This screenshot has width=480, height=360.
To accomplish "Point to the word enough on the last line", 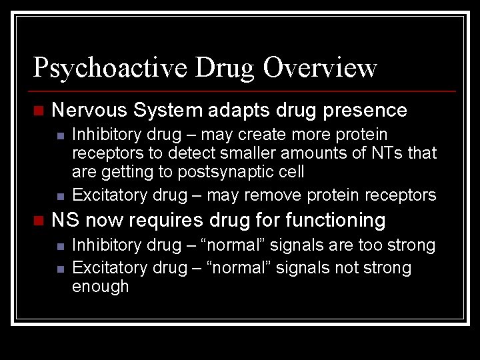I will pyautogui.click(x=100, y=287).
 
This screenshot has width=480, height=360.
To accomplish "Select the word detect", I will pyautogui.click(x=191, y=153).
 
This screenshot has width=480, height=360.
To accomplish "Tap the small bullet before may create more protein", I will pyautogui.click(x=60, y=135).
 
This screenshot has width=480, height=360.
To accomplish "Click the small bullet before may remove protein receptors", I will pyautogui.click(x=60, y=196).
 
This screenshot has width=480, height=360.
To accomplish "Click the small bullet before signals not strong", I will pyautogui.click(x=60, y=269).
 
